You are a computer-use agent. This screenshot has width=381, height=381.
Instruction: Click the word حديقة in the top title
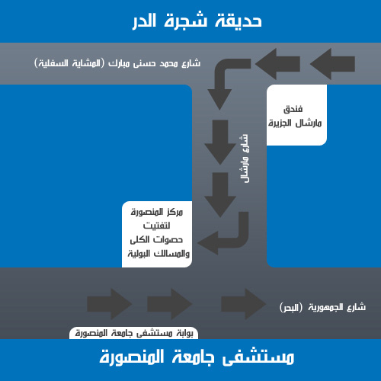pos(239,20)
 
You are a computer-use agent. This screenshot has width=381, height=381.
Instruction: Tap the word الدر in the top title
pos(144,21)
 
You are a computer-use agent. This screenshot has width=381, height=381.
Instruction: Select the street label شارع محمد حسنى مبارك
pos(154,63)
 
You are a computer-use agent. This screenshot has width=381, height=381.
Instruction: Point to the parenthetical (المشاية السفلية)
pos(69,63)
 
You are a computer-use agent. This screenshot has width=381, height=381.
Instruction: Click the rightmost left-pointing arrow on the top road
pos(332,64)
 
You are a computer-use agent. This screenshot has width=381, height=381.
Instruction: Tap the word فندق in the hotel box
pos(293,110)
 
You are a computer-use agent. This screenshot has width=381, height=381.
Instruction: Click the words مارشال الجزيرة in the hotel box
pos(295,123)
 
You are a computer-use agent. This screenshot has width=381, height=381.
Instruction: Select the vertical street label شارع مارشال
pos(245,158)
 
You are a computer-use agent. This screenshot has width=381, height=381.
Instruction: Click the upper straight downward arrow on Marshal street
pos(220,142)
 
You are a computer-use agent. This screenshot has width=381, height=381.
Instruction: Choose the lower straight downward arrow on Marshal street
pos(220,195)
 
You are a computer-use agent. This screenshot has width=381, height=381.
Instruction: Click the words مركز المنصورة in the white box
pos(157,212)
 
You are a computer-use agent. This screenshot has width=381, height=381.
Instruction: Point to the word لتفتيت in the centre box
pos(156,226)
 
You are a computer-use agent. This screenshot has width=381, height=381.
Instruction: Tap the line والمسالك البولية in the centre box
pos(158,254)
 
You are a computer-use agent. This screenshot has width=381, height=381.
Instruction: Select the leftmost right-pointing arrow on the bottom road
pos(110,304)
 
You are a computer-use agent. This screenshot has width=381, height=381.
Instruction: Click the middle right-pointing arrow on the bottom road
pos(169,304)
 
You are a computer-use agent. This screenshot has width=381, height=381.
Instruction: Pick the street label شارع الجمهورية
pos(337,307)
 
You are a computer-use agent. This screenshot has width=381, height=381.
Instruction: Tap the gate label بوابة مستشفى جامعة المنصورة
pos(134,333)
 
